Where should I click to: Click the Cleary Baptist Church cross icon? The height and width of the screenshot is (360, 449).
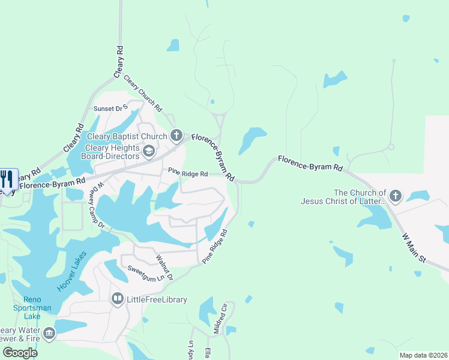coord(176,135)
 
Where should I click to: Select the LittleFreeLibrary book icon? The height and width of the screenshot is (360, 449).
coord(118,299)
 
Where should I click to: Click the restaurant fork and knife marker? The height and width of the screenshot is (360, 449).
coord(8,180)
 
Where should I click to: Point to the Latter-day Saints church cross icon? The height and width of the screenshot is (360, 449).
coord(395,196)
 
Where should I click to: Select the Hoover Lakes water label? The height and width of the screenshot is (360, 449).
coord(72,271)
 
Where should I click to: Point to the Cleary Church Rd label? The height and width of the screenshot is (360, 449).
coord(143,93)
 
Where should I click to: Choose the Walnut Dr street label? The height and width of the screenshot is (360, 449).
coord(164,268)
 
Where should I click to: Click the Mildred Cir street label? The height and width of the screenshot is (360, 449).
coord(220,319)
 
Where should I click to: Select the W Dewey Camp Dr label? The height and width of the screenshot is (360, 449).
coord(97,206)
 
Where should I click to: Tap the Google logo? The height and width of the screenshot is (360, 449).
coord(20,352)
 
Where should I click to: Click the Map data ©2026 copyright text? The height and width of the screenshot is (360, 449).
coord(423,355)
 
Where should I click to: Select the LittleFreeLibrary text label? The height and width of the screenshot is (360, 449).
coord(157,299)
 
